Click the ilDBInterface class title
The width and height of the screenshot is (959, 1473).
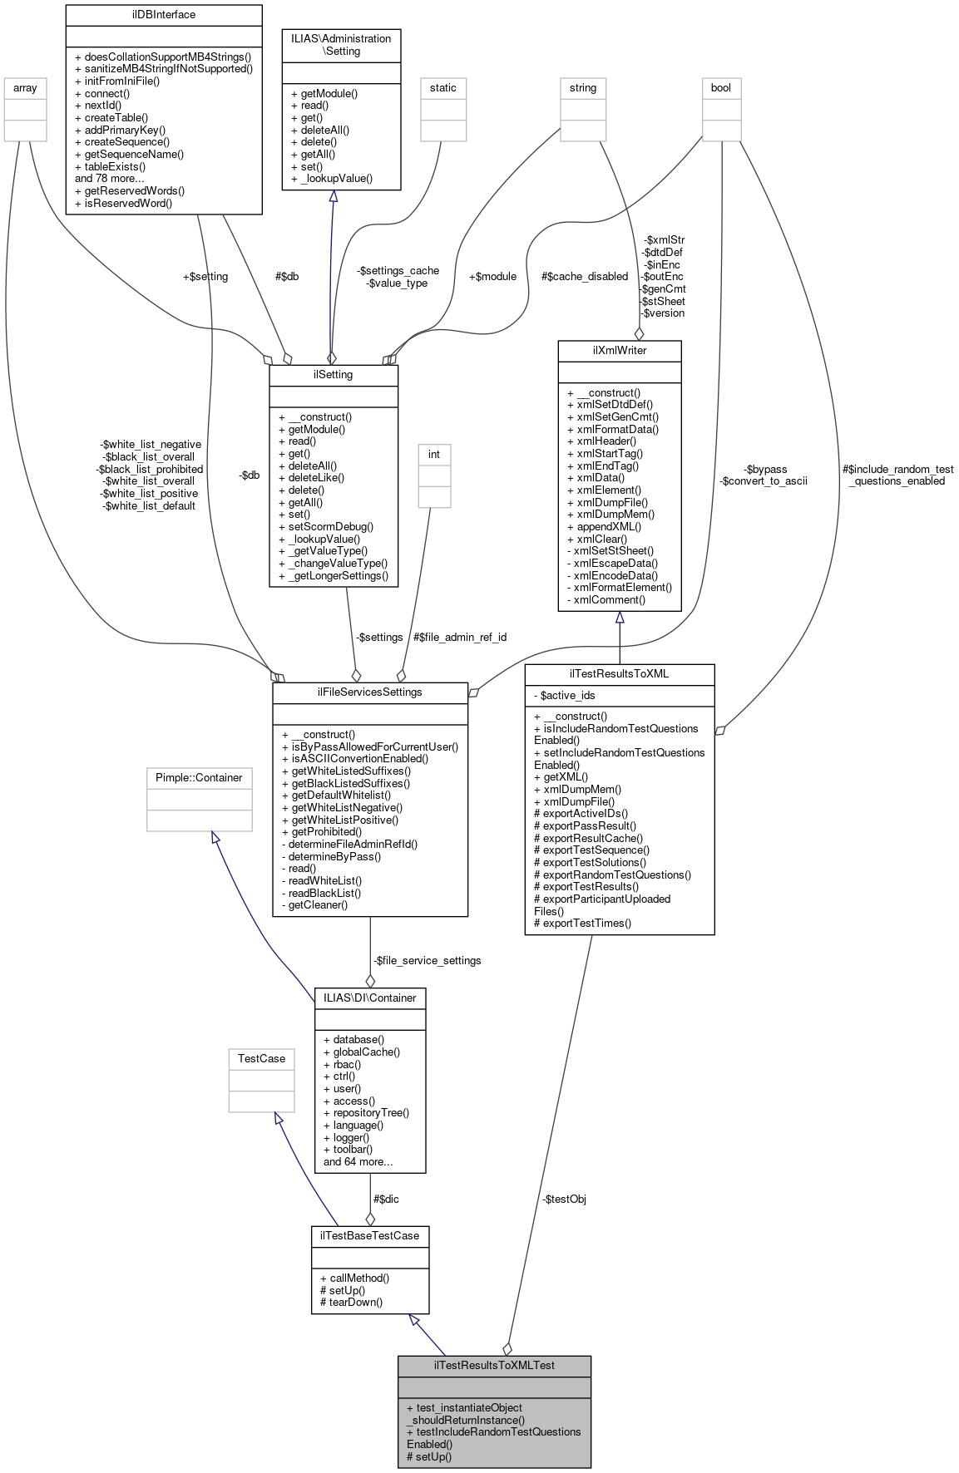click(163, 15)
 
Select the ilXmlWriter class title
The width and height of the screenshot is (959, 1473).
click(619, 350)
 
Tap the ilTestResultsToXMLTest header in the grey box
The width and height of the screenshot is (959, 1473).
click(494, 1365)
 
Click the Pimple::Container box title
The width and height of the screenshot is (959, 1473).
click(199, 777)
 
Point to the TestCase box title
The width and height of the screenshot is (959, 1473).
click(261, 1058)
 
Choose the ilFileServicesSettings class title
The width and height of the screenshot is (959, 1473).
click(369, 692)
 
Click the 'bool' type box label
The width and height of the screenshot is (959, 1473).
click(720, 87)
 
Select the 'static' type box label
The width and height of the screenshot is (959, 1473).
click(442, 87)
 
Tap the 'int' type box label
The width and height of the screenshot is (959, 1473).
click(433, 454)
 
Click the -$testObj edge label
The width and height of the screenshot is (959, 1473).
click(564, 1199)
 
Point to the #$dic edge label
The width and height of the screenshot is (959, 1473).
click(386, 1199)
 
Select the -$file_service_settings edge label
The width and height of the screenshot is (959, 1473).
click(427, 960)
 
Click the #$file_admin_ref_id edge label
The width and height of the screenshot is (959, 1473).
click(459, 637)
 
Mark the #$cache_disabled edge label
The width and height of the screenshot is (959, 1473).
click(584, 276)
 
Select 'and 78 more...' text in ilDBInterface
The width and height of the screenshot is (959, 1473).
click(109, 178)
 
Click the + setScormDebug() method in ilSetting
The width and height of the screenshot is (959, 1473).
click(326, 526)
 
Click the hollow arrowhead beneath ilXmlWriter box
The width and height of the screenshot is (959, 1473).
click(619, 618)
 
